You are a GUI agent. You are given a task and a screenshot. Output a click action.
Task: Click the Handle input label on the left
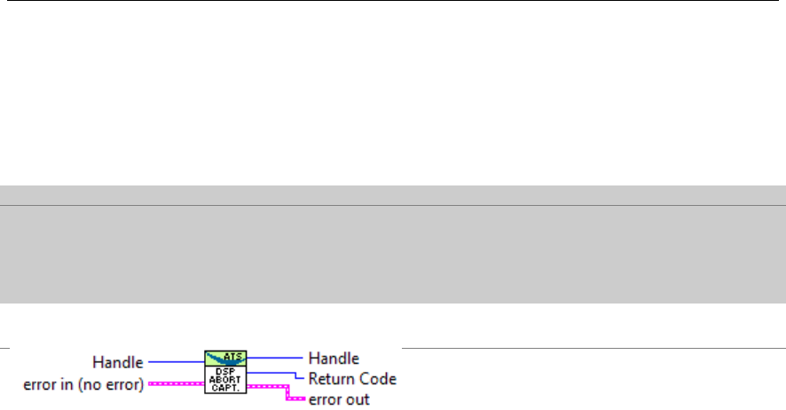click(x=118, y=362)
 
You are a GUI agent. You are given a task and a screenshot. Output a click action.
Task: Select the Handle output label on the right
click(x=333, y=359)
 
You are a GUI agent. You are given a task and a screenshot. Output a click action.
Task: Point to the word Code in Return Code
click(x=376, y=379)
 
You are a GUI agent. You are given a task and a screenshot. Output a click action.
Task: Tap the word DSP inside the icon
click(x=225, y=368)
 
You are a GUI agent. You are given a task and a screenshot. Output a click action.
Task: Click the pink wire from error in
click(x=177, y=383)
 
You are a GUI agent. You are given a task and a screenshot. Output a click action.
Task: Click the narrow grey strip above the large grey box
click(x=393, y=195)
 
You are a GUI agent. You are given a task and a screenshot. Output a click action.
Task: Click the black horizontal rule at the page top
click(x=393, y=1)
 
